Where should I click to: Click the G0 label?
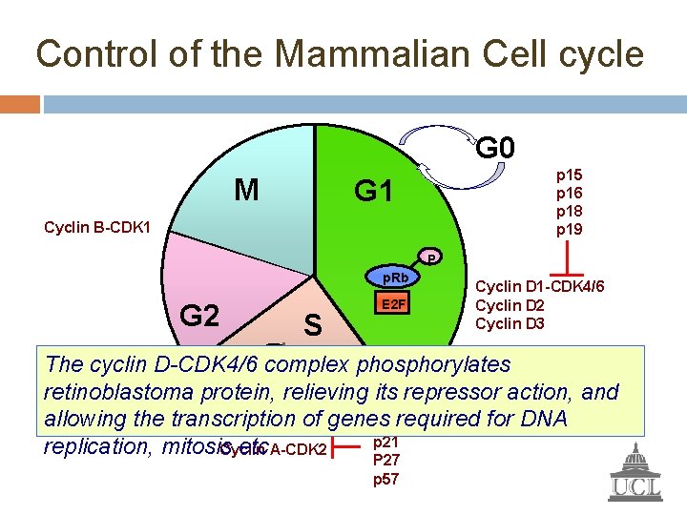[x=495, y=149]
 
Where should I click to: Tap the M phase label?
[x=246, y=191]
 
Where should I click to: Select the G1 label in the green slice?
[x=374, y=192]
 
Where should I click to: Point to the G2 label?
[x=199, y=315]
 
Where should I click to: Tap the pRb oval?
[x=395, y=278]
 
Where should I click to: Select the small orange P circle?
[x=431, y=257]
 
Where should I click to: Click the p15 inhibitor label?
[x=570, y=175]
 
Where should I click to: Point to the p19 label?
[x=570, y=230]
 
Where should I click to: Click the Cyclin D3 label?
[x=510, y=323]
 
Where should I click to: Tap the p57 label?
[x=385, y=479]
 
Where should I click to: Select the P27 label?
[x=385, y=461]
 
